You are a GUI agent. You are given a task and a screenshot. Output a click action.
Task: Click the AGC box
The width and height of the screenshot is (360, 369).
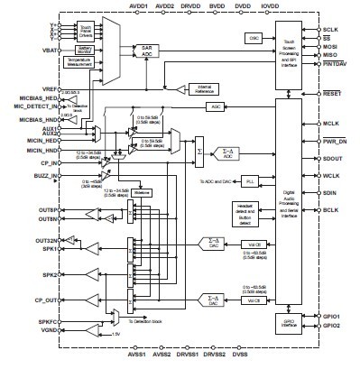(x=215, y=106)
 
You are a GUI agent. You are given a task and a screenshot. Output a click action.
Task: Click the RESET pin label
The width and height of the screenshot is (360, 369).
(x=333, y=94)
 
